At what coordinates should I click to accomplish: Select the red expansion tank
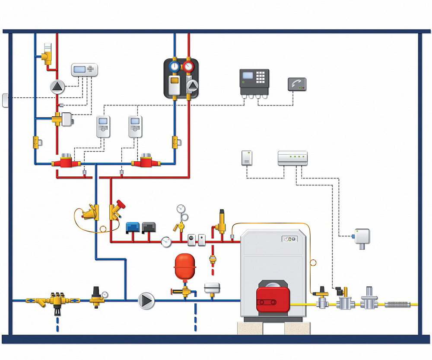(x=184, y=266)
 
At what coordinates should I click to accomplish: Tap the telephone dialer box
(x=297, y=84)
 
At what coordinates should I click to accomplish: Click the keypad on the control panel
(x=261, y=77)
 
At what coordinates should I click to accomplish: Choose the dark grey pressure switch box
(x=149, y=226)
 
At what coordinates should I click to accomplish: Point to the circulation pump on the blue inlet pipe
(x=146, y=300)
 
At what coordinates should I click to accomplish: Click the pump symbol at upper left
(x=57, y=87)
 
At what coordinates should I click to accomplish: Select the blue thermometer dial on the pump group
(x=175, y=67)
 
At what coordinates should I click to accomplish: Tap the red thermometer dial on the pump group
(x=188, y=67)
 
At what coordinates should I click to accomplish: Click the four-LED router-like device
(x=292, y=158)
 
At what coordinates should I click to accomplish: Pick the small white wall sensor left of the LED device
(x=247, y=158)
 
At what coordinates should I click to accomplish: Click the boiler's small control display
(x=289, y=239)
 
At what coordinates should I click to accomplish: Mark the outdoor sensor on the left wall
(x=5, y=100)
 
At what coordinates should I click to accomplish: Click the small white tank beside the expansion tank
(x=212, y=287)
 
